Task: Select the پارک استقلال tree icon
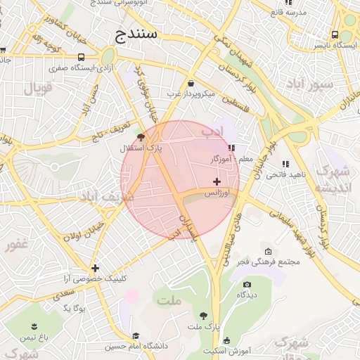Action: point(141,139)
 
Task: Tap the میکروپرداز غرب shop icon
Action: point(191,84)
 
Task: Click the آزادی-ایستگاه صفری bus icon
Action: point(82,58)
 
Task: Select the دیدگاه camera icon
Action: point(246,284)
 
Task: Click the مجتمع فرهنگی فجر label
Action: point(272,262)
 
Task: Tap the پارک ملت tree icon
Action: point(204,316)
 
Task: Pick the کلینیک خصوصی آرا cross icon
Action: point(95,267)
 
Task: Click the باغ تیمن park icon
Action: point(33,326)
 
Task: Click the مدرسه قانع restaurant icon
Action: point(275,12)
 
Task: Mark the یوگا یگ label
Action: point(75,308)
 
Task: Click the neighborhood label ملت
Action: point(170,301)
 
